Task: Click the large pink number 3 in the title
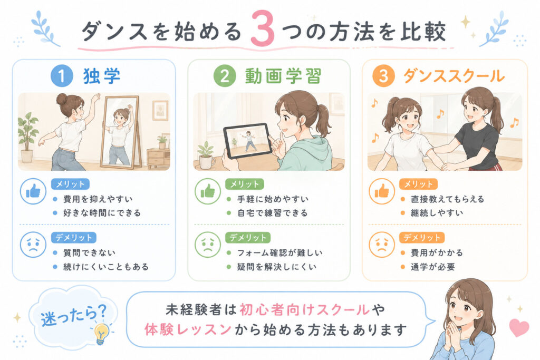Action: coord(263,30)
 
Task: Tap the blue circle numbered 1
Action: coord(62,76)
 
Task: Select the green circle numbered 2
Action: coord(225,76)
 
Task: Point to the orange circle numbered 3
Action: coord(383,76)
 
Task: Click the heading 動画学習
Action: coord(283,76)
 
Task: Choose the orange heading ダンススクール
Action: coord(454,76)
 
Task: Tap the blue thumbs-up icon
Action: coord(33,191)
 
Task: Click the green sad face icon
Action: coord(208,245)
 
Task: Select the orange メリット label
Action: coord(418,184)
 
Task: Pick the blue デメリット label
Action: coord(74,238)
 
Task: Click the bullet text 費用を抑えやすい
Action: coord(98,199)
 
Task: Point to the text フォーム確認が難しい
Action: coord(279,252)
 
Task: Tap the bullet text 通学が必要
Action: coord(433,267)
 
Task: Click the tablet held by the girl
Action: coord(247,140)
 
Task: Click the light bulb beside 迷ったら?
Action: coord(102,333)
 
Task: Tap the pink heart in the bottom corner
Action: coord(519,328)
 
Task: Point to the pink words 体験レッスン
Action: coord(187,330)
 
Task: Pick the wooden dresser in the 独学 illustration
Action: coord(158,158)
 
